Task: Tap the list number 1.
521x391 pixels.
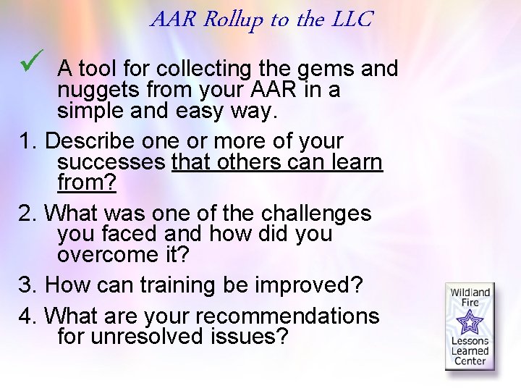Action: pos(22,140)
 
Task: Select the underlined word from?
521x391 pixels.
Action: pos(87,183)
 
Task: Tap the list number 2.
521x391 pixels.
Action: pos(22,214)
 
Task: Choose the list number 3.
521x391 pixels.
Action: pos(22,285)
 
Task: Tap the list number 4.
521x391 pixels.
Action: pos(22,316)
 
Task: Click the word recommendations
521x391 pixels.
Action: pos(287,316)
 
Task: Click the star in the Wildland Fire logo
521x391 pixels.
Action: pos(470,320)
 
